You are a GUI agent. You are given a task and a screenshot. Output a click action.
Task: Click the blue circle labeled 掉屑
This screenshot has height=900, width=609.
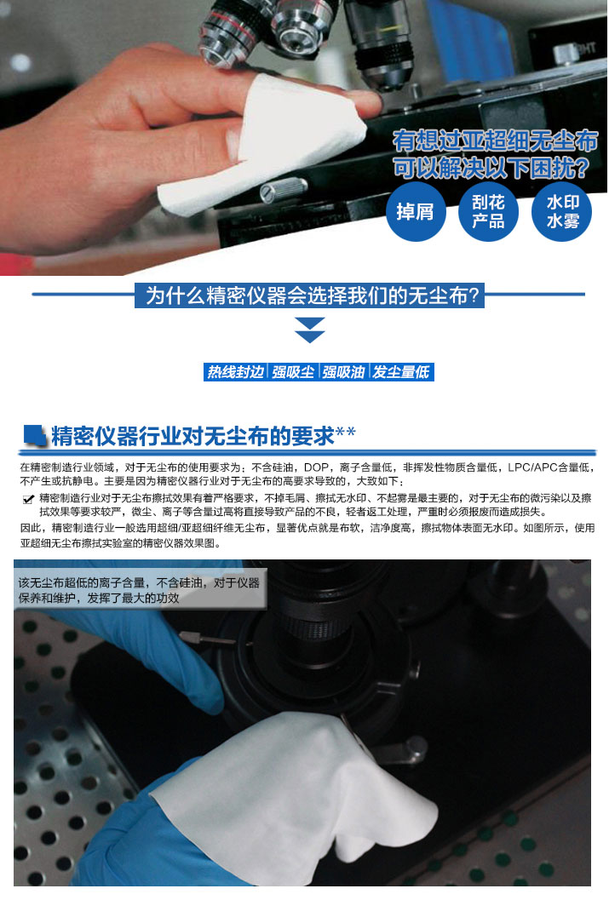tap(416, 211)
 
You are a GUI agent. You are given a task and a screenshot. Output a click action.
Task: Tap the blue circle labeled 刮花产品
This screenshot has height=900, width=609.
tap(488, 211)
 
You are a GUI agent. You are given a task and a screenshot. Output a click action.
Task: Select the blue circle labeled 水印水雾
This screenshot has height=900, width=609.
tap(562, 211)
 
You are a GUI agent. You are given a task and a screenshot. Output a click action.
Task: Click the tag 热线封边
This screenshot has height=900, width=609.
tap(235, 372)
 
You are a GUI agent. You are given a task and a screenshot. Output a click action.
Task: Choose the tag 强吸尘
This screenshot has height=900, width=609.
tap(293, 372)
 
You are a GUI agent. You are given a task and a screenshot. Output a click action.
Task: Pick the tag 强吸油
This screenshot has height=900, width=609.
tap(343, 372)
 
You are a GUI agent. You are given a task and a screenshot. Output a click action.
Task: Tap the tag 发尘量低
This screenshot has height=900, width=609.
tap(401, 372)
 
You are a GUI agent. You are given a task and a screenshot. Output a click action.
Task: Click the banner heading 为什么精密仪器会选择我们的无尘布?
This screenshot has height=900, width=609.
tap(310, 295)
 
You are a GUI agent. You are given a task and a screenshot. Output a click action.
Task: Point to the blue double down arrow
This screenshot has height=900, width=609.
tap(310, 330)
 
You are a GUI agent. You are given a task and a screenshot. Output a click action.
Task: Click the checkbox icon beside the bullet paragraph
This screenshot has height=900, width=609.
tap(28, 499)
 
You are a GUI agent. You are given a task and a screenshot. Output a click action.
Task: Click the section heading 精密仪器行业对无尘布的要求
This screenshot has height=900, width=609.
tap(192, 436)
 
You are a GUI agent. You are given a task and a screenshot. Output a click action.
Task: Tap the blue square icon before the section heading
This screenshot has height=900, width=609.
tap(34, 436)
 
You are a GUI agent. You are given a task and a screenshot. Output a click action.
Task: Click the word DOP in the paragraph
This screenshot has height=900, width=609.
tap(316, 467)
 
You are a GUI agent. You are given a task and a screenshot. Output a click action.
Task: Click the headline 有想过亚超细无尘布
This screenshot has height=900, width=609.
tap(496, 140)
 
